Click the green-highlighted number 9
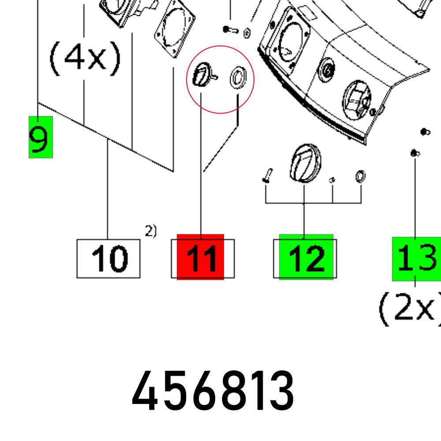[x=41, y=137]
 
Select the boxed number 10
[x=108, y=258]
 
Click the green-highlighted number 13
[x=417, y=259]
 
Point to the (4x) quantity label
[x=85, y=59]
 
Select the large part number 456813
[x=213, y=391]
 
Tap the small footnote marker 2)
[x=151, y=231]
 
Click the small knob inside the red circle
[x=204, y=75]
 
